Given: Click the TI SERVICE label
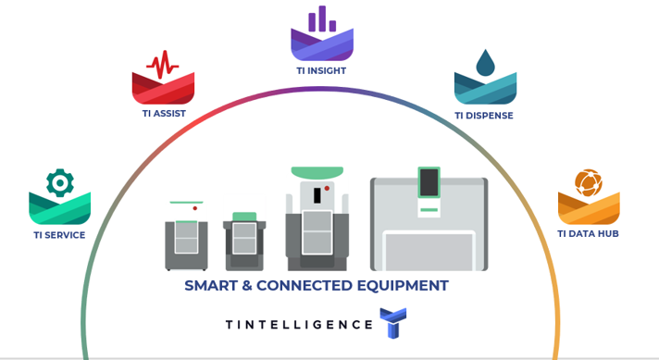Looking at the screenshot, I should coord(59,235).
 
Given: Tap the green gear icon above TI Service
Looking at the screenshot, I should coord(60,182).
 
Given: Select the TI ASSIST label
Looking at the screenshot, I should coord(164,114).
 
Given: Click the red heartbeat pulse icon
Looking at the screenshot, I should coord(163,65).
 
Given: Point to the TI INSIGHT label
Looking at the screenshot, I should coord(321,70).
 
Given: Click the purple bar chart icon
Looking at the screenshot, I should coord(322,19).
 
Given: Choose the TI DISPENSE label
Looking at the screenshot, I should coord(483,116).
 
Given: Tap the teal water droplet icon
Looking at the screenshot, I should coord(485,63).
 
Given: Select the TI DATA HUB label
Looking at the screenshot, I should coord(588,234).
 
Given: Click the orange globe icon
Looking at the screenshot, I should coord(588,182).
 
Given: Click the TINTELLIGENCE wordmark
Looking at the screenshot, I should coord(299,324).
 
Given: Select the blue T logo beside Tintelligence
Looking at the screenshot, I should coord(392,323).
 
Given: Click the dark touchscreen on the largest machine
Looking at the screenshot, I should coord(429,182).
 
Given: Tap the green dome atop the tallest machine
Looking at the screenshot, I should coord(317,173).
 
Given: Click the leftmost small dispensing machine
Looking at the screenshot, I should coord(186,238).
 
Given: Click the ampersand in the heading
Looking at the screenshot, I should coord(248,286).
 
